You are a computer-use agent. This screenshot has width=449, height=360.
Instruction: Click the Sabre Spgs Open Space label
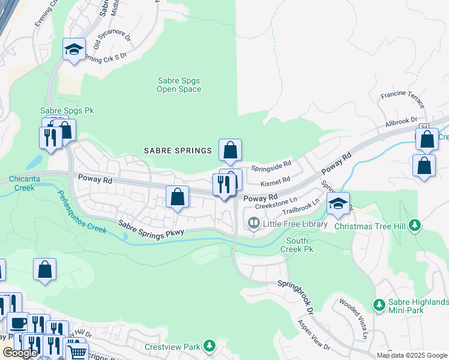[x=178, y=85]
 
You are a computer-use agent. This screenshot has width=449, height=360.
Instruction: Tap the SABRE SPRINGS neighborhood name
[x=177, y=151]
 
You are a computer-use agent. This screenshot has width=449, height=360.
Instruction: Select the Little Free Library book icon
[x=254, y=224]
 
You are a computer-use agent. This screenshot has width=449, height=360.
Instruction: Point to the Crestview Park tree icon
[x=209, y=346]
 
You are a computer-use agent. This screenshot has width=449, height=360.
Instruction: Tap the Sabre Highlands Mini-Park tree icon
[x=379, y=305]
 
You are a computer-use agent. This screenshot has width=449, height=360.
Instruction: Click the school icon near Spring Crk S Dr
[x=74, y=50]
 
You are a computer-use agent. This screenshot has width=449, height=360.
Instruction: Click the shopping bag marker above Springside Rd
[x=230, y=150]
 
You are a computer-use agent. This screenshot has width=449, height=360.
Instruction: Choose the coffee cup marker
[x=17, y=323]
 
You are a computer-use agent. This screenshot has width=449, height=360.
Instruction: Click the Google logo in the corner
[x=20, y=353]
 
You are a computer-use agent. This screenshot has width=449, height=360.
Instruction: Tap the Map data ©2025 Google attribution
[x=411, y=355]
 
